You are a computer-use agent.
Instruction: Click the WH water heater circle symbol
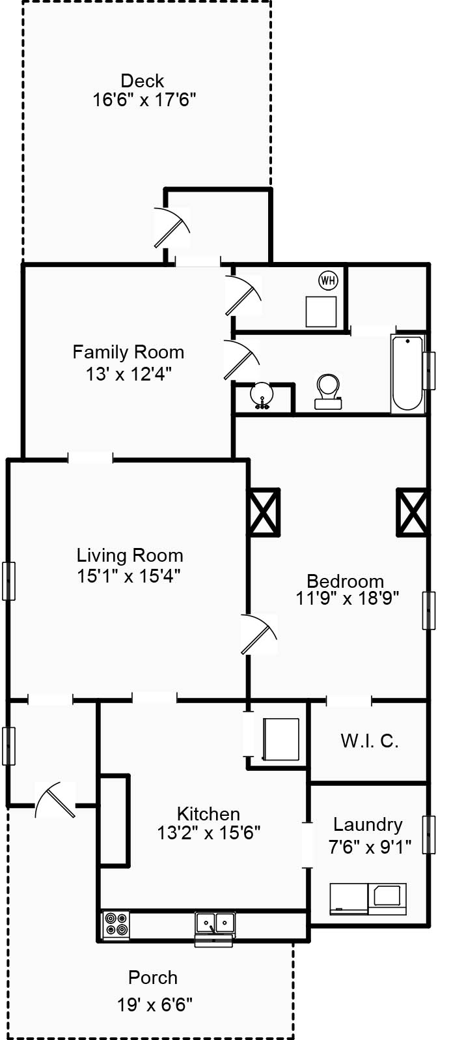tap(328, 281)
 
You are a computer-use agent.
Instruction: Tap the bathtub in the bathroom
tap(408, 373)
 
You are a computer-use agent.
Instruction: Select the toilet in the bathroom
tap(328, 391)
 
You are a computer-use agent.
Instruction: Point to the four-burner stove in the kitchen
tap(116, 925)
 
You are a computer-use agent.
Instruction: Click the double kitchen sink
tap(215, 923)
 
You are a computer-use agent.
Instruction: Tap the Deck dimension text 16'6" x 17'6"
tap(144, 100)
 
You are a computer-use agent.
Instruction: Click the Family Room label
tap(128, 352)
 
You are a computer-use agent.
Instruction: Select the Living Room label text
tap(130, 555)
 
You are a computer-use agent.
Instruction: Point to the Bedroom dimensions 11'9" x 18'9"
tap(347, 598)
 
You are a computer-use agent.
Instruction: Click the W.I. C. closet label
tap(369, 741)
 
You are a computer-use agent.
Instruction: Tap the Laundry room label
tap(368, 824)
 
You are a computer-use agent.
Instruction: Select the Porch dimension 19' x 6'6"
tap(155, 1004)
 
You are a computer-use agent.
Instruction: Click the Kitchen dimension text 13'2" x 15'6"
tap(208, 832)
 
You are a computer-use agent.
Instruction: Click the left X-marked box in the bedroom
tap(264, 512)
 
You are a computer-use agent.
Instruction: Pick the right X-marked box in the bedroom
tap(413, 512)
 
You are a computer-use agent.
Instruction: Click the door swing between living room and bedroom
tap(258, 634)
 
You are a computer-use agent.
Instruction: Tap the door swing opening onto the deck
tap(172, 227)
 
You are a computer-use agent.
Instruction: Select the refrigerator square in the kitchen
tap(280, 740)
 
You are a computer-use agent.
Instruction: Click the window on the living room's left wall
tap(8, 581)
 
